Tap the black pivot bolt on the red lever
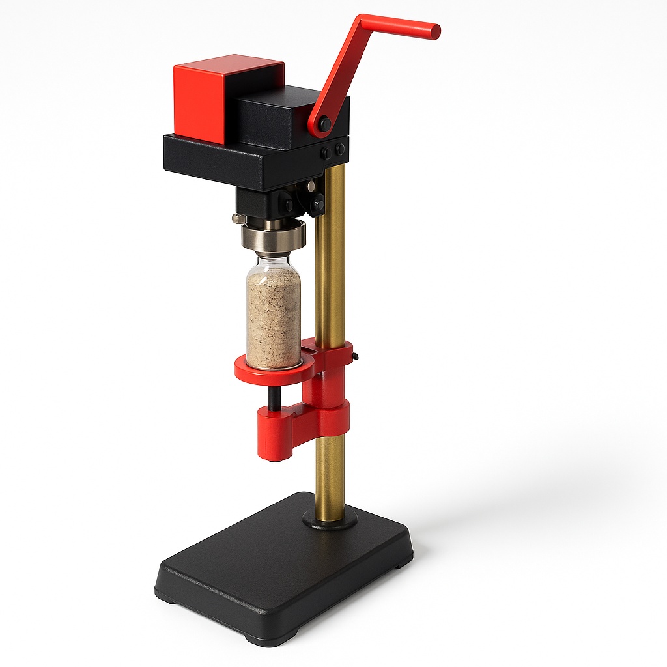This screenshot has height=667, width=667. [324, 123]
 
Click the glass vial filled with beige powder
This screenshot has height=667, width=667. [274, 313]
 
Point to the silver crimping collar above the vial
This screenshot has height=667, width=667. [273, 236]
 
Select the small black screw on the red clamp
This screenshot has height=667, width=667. [353, 356]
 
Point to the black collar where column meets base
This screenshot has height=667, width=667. [330, 519]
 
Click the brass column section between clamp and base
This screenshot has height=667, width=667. [330, 475]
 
